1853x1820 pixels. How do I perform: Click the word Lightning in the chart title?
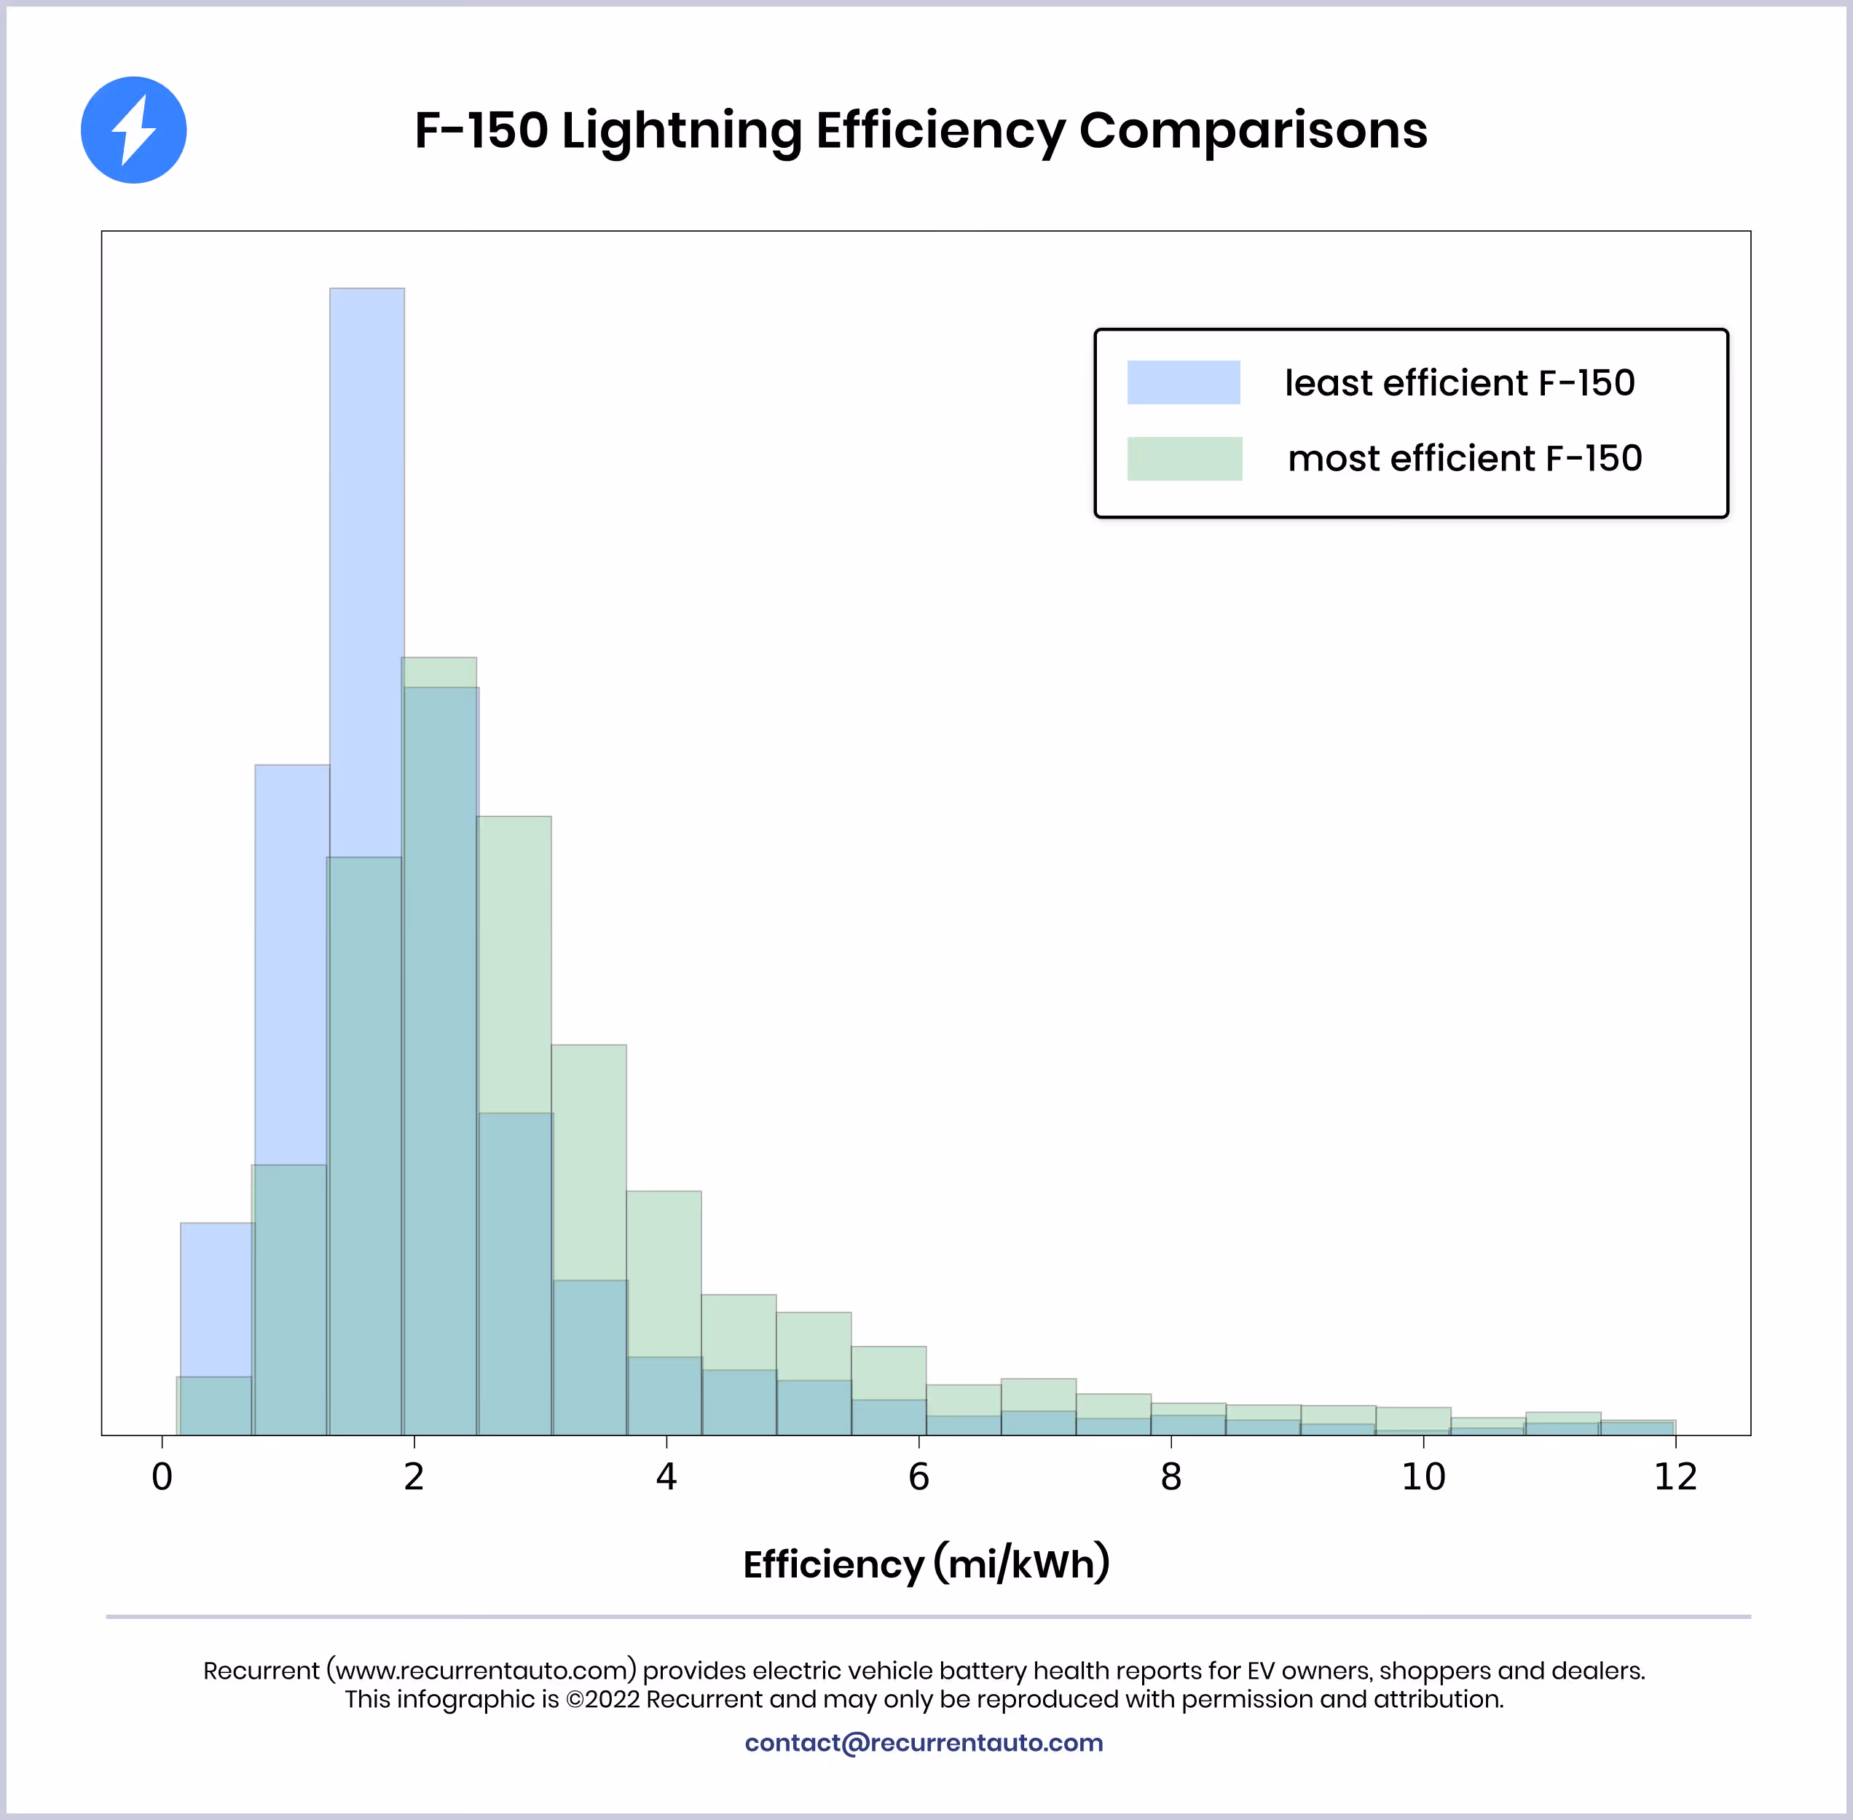click(x=681, y=131)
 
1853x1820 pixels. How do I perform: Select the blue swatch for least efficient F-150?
click(x=1183, y=382)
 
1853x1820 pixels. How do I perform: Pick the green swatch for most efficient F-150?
click(x=1184, y=459)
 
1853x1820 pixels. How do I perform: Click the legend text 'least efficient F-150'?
click(x=1459, y=383)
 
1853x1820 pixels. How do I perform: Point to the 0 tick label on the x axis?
click(x=162, y=1477)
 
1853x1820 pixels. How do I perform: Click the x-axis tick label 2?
click(x=414, y=1477)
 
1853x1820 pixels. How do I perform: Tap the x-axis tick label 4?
click(x=666, y=1477)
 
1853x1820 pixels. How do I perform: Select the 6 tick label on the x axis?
click(x=918, y=1477)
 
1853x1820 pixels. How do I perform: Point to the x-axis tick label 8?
click(x=1171, y=1477)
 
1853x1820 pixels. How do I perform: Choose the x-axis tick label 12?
click(x=1675, y=1477)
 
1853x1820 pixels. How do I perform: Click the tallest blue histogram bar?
click(x=367, y=574)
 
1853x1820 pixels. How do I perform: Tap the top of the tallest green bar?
click(x=440, y=660)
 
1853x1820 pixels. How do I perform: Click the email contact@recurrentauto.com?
click(x=924, y=1743)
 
